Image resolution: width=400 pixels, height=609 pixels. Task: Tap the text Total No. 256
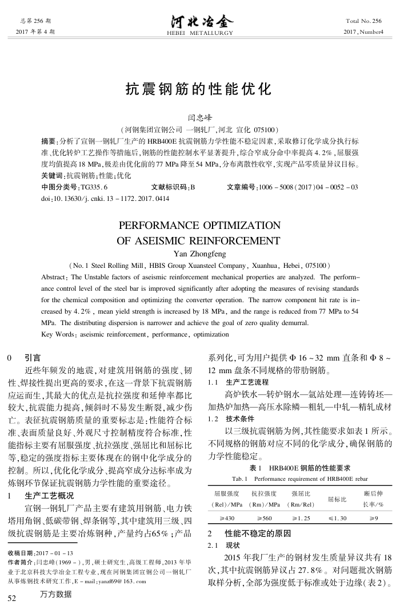click(x=363, y=21)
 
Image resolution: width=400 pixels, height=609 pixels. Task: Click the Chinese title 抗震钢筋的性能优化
click(x=199, y=90)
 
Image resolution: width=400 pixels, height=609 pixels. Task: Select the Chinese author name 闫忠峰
click(x=199, y=118)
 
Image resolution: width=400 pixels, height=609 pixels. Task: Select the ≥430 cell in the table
click(x=226, y=517)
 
